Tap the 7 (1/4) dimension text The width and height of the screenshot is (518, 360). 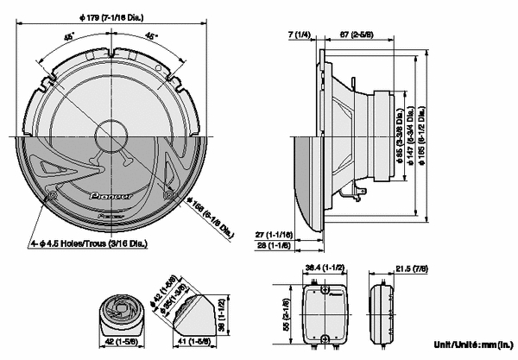[299, 35]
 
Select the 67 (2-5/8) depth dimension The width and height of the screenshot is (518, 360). [355, 35]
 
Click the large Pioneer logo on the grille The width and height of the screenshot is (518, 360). [111, 196]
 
